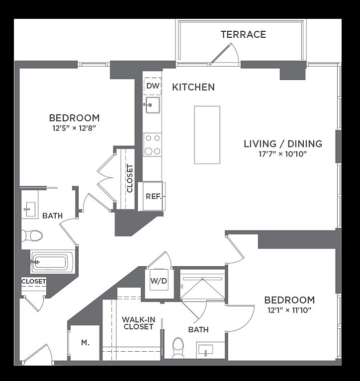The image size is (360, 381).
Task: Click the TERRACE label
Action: click(243, 34)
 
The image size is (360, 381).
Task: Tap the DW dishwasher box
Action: click(153, 86)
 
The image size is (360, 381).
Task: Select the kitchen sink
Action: click(153, 105)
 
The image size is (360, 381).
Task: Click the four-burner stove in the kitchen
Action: click(152, 145)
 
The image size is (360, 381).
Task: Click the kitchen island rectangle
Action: click(207, 135)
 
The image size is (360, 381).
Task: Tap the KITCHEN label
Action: click(193, 87)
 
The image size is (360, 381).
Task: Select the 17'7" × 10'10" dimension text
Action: click(282, 154)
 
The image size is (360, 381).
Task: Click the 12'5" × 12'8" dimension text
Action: click(74, 128)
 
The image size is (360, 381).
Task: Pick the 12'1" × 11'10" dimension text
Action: click(289, 310)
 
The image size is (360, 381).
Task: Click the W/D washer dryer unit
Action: click(159, 280)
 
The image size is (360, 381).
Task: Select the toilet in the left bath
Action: click(32, 235)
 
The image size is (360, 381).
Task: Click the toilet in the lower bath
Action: click(178, 348)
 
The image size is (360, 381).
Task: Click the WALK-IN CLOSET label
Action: click(138, 323)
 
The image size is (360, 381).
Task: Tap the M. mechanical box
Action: click(85, 343)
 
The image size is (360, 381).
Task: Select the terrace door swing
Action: click(224, 54)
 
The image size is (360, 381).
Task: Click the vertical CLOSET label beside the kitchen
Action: click(130, 179)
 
